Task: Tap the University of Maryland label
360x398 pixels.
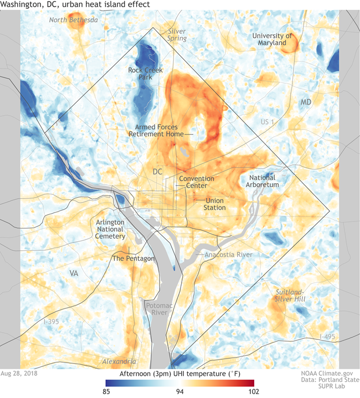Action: coord(272,39)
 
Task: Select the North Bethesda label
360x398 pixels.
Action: coord(73,20)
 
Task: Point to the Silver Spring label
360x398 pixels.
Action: coord(177,35)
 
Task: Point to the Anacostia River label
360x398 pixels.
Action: coord(228,254)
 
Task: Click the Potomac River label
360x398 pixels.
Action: coord(156,309)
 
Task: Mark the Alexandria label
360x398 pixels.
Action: coord(119,361)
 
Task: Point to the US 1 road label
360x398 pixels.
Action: coord(268,121)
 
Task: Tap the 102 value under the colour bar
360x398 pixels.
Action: coord(254,391)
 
